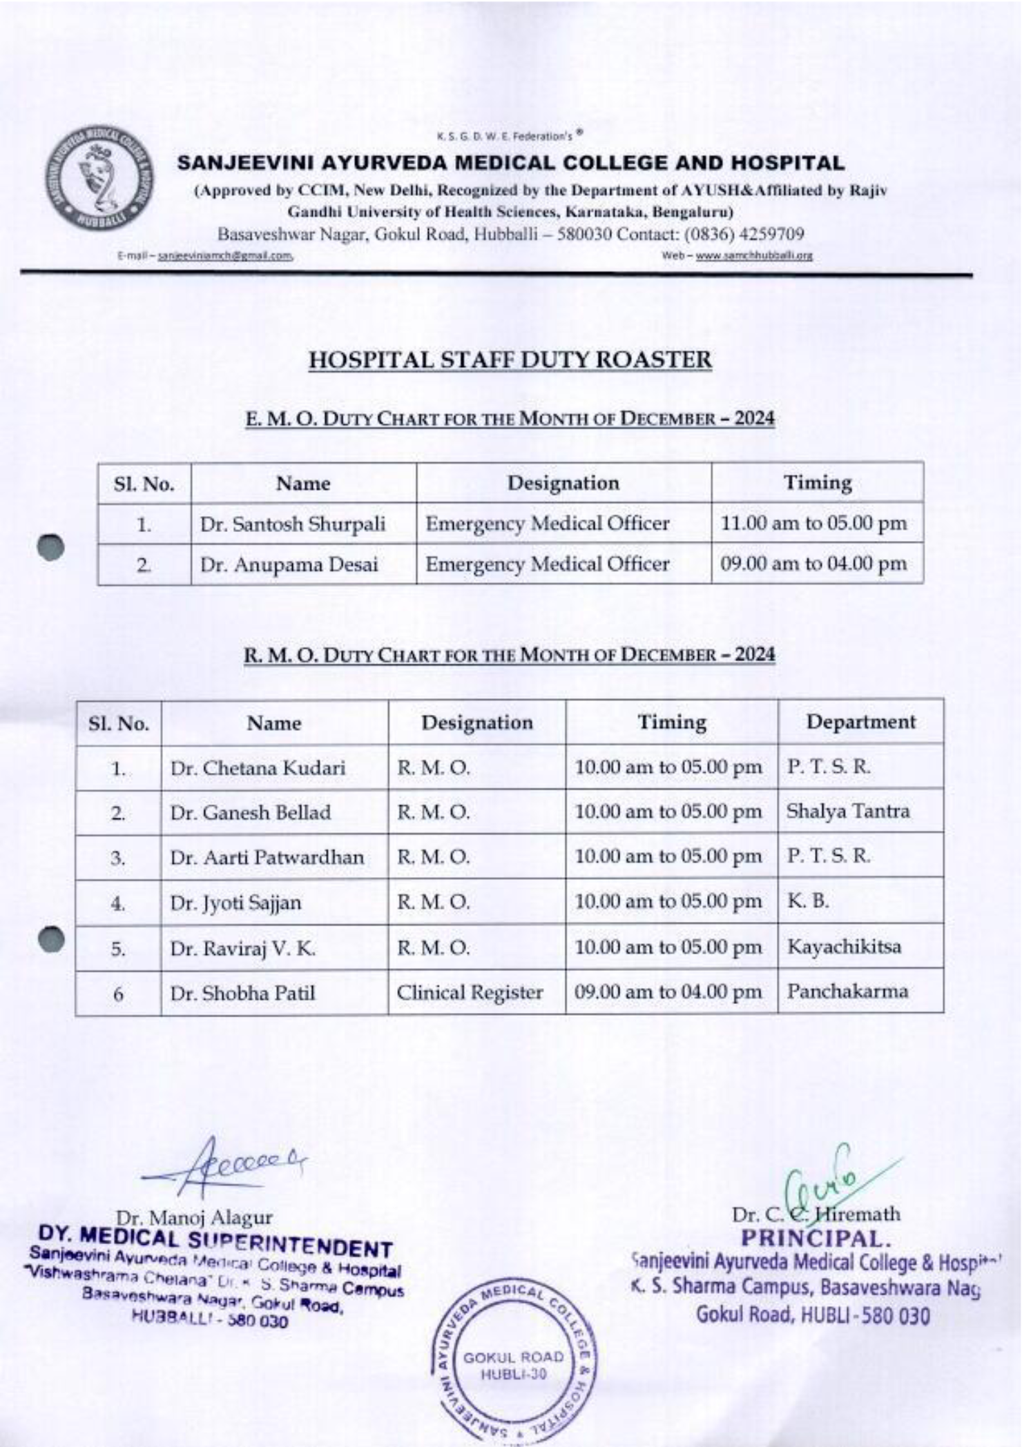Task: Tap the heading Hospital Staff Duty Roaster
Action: (510, 360)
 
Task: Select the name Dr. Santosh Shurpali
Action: (293, 524)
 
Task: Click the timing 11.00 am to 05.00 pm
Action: (813, 523)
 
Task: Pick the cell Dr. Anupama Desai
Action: (289, 565)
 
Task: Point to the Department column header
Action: (860, 722)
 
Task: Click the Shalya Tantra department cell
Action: (848, 811)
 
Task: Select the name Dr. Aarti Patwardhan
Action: (267, 857)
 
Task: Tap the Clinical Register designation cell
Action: (470, 992)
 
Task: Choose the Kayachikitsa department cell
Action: (844, 946)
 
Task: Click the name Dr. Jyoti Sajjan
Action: (235, 903)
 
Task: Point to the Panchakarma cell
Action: (847, 992)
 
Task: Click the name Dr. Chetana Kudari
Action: (258, 768)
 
